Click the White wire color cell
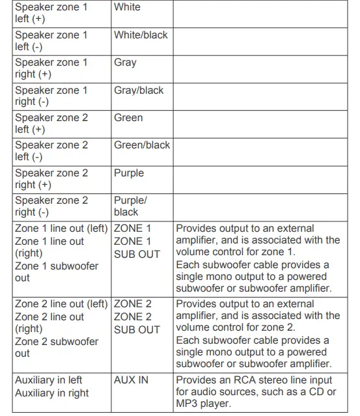pyautogui.click(x=127, y=7)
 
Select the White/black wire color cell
pyautogui.click(x=141, y=35)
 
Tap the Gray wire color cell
pyautogui.click(x=125, y=62)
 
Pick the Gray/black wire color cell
pyautogui.click(x=139, y=90)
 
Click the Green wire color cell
pyautogui.click(x=128, y=118)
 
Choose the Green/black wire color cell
pyautogui.click(x=142, y=145)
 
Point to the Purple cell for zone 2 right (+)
pyautogui.click(x=129, y=173)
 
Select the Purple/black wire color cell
pyautogui.click(x=130, y=206)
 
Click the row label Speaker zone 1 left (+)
pyautogui.click(x=51, y=13)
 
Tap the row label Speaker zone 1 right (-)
pyautogui.click(x=51, y=96)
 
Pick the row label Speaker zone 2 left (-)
pyautogui.click(x=51, y=151)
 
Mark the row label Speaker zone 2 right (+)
pyautogui.click(x=51, y=178)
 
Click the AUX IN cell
pyautogui.click(x=132, y=380)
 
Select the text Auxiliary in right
pyautogui.click(x=51, y=393)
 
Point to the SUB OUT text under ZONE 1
pyautogui.click(x=137, y=254)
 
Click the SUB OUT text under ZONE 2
pyautogui.click(x=137, y=329)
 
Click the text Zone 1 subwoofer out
pyautogui.click(x=57, y=271)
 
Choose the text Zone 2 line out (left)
pyautogui.click(x=61, y=303)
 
